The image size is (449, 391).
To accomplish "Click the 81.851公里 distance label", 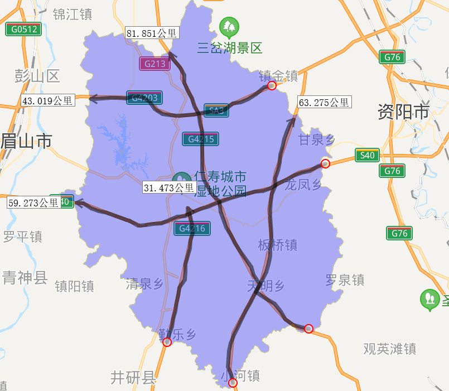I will (152, 33).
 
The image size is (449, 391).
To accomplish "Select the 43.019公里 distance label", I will (47, 101).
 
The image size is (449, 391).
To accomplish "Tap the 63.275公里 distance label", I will (324, 102).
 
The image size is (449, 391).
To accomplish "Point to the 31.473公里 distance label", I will (168, 188).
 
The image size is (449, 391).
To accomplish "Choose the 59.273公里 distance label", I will (33, 202).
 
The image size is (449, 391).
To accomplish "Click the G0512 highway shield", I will (23, 29).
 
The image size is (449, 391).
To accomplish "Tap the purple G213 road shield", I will (155, 64).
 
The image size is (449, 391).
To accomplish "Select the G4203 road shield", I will (144, 98).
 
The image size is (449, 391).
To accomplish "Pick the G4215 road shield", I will (200, 139).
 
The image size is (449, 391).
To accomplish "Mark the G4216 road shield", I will (192, 228).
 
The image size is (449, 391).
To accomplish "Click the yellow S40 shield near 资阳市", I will (368, 155).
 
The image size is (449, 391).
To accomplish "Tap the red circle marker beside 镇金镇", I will (272, 85).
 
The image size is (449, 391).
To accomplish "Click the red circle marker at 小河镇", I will (233, 383).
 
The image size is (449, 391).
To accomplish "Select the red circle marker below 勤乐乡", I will (167, 342).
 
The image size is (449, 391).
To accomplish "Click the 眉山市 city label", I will (26, 141).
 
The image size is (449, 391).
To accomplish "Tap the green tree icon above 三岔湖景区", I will (229, 26).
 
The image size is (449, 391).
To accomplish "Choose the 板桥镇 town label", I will (277, 245).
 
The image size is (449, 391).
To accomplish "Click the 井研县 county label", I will (133, 378).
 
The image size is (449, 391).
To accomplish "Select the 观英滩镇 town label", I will (390, 349).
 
